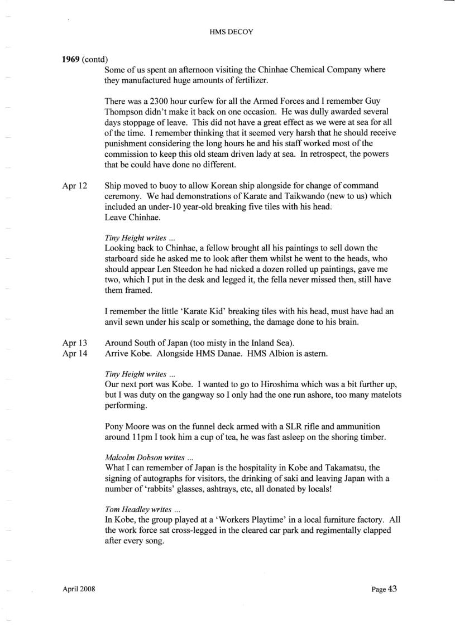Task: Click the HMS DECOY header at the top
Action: [227, 32]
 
